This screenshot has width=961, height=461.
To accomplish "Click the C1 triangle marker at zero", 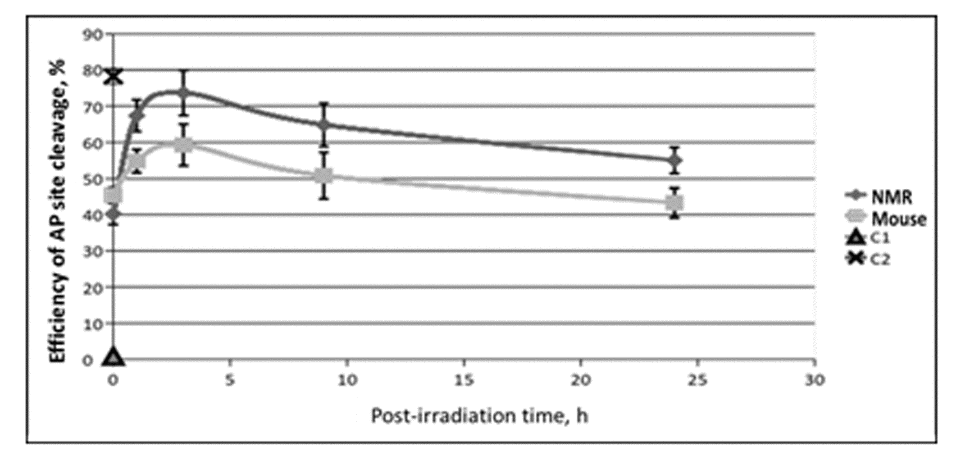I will [x=113, y=356].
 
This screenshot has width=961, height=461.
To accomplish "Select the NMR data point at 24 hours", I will [x=674, y=161].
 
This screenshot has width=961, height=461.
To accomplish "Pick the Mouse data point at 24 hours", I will [x=674, y=203].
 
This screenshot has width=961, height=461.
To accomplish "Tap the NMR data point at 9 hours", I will [x=324, y=124].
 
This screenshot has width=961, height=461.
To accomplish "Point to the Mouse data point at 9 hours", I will [x=324, y=175].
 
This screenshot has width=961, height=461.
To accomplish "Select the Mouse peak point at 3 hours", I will [x=184, y=145].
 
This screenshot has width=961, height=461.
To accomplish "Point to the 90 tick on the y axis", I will [x=93, y=34].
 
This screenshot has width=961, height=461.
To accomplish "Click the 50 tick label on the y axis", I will [x=93, y=179].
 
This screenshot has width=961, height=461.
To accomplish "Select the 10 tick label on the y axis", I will [x=93, y=324].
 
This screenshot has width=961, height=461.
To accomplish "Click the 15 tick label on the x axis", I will [x=463, y=379].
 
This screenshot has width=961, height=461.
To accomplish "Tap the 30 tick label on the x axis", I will [x=814, y=379].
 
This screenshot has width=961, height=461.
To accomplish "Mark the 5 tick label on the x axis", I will [x=230, y=379].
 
